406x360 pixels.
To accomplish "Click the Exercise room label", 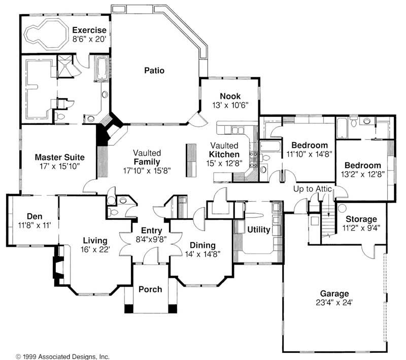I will (89, 29).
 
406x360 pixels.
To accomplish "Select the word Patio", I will (154, 71).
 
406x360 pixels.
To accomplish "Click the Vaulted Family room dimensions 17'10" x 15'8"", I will (147, 171).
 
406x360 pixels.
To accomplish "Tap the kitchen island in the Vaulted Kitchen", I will (191, 160).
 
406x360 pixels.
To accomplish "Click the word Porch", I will (150, 289).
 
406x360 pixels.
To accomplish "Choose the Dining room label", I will (202, 245).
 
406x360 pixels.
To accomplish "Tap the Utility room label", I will (258, 230).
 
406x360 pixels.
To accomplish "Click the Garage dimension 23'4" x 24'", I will (334, 302).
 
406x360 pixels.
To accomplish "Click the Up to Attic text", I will (312, 189).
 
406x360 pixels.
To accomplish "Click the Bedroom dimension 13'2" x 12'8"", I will (362, 175).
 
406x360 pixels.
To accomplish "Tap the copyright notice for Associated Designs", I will (62, 356).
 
